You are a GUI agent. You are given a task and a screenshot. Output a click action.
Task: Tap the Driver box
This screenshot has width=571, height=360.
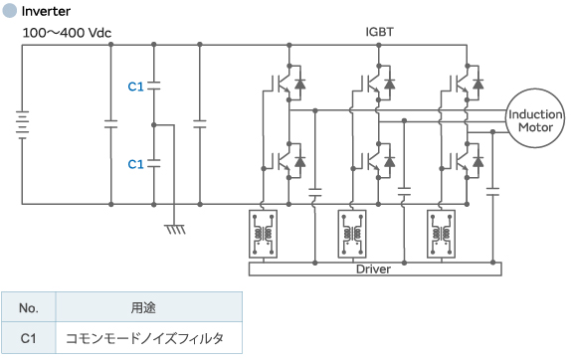[x=373, y=269]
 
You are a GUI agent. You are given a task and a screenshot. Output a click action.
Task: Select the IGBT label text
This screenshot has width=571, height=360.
[x=380, y=32]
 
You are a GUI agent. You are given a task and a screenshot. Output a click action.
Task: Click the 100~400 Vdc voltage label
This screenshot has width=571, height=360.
[x=67, y=32]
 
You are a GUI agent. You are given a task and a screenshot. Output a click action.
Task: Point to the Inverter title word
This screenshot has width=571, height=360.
[x=46, y=11]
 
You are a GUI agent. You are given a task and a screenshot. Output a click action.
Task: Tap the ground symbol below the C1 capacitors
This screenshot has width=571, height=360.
[x=176, y=230]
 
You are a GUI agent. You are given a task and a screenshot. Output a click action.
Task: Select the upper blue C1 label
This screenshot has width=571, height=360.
[x=136, y=87]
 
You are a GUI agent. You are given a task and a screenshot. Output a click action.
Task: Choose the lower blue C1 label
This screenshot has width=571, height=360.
[x=136, y=163]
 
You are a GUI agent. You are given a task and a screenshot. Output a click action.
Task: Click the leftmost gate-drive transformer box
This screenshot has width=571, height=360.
[x=264, y=235]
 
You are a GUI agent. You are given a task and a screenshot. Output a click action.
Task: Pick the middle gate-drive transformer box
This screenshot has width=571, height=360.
[x=352, y=235]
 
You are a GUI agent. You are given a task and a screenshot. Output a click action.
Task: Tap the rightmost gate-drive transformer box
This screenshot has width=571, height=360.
[x=441, y=235]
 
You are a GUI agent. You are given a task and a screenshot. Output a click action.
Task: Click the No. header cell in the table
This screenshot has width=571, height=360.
[x=29, y=307]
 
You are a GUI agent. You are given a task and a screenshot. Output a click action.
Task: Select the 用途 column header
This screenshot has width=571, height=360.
[x=148, y=307]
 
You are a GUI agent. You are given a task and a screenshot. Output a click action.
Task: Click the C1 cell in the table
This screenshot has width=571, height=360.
[x=29, y=338]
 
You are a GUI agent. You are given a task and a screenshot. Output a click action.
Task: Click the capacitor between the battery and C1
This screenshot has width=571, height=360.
[x=110, y=125]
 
